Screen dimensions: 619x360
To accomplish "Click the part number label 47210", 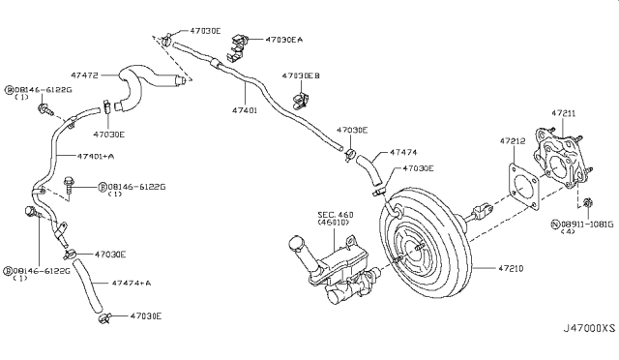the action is [511, 269].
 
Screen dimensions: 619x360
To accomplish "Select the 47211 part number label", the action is [564, 113].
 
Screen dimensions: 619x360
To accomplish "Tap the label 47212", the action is [513, 140].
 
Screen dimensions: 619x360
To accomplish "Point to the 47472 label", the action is [84, 75].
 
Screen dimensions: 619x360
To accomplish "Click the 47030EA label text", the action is [284, 40].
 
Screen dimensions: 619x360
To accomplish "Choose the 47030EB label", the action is [301, 75].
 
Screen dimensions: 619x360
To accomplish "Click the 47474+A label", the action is [132, 283].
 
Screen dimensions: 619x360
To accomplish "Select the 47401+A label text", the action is [96, 156].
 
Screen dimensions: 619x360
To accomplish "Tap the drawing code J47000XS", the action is [589, 328].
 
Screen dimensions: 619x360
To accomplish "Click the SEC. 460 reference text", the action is [336, 215].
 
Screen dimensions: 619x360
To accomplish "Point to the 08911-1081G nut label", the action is [586, 225].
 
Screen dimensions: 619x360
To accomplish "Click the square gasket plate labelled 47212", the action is [524, 187].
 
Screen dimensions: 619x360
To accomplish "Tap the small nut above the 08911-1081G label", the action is [587, 202].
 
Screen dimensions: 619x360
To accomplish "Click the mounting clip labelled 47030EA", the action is [237, 47].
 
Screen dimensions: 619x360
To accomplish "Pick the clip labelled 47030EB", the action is [301, 101].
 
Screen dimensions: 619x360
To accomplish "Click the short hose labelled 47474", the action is [368, 170].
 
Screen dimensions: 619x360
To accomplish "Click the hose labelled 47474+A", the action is [88, 285].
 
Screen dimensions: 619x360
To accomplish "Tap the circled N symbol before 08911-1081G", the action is [554, 225].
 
